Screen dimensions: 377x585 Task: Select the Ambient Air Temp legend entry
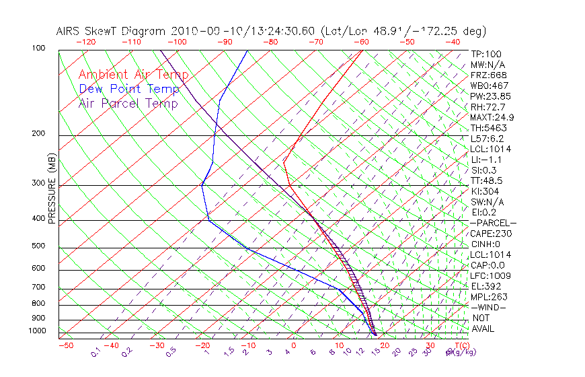pyautogui.click(x=133, y=75)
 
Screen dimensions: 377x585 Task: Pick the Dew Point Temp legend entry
pyautogui.click(x=129, y=89)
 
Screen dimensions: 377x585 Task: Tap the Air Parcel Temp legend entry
pyautogui.click(x=128, y=103)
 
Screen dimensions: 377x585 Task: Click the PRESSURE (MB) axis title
pyautogui.click(x=52, y=188)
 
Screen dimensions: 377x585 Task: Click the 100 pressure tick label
pyautogui.click(x=38, y=48)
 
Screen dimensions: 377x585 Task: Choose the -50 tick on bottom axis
pyautogui.click(x=65, y=345)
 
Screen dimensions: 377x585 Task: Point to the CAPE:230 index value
pyautogui.click(x=490, y=234)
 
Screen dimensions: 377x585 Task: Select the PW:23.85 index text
pyautogui.click(x=490, y=96)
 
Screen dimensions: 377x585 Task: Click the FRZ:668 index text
pyautogui.click(x=489, y=75)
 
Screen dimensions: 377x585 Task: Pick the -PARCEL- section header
pyautogui.click(x=493, y=223)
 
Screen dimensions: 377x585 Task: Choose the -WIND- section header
pyautogui.click(x=488, y=307)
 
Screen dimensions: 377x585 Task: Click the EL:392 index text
pyautogui.click(x=486, y=286)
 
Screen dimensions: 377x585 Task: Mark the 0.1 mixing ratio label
pyautogui.click(x=95, y=351)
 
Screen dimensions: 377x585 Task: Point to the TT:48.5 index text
pyautogui.click(x=487, y=180)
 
